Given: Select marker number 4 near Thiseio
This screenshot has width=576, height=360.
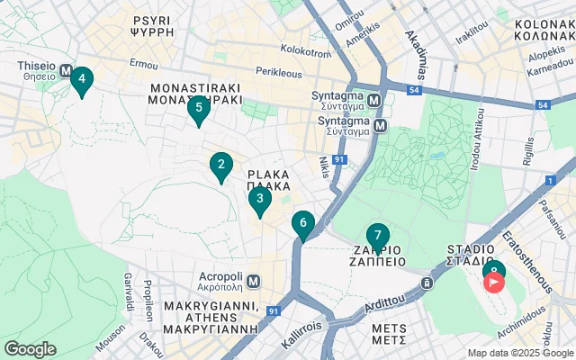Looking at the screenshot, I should (x=82, y=80).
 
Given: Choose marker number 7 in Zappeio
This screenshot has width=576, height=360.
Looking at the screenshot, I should (x=378, y=236).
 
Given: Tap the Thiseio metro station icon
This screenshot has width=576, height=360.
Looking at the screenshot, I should (x=66, y=66).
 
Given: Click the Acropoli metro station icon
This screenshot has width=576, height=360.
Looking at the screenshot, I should (x=255, y=282).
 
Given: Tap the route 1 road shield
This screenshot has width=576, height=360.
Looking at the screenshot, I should (x=548, y=181).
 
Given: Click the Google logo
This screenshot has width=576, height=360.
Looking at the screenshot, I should (x=31, y=349).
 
